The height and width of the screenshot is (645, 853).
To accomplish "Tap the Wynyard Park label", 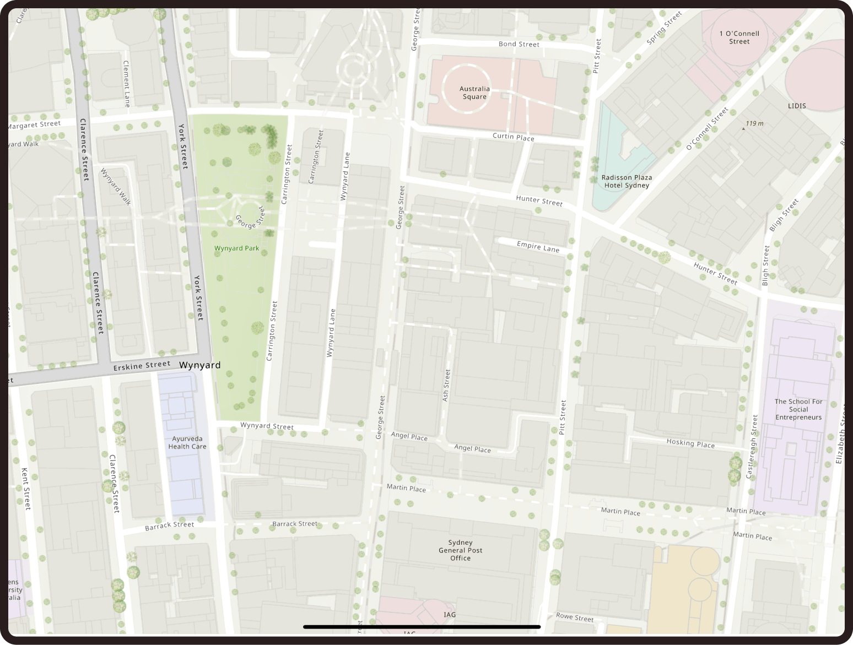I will pyautogui.click(x=236, y=248).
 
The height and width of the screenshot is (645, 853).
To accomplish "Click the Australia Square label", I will pyautogui.click(x=474, y=93).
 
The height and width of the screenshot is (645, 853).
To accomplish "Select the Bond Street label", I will pyautogui.click(x=519, y=44).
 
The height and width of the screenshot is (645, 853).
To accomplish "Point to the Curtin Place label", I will pyautogui.click(x=513, y=137).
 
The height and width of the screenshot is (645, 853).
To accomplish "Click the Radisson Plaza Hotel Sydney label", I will pyautogui.click(x=627, y=181).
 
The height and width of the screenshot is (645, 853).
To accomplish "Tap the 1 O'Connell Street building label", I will pyautogui.click(x=739, y=37).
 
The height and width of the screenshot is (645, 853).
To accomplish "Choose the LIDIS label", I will pyautogui.click(x=797, y=106).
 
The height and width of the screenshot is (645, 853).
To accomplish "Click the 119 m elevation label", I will pyautogui.click(x=754, y=123).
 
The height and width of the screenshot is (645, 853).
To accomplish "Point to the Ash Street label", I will pyautogui.click(x=446, y=385).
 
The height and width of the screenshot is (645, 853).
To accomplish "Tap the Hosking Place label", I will pyautogui.click(x=690, y=443).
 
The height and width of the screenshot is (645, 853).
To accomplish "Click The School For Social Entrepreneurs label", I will pyautogui.click(x=798, y=409).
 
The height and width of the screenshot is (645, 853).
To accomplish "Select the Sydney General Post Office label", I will pyautogui.click(x=460, y=550).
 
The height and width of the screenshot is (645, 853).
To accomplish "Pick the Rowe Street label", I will pyautogui.click(x=575, y=617).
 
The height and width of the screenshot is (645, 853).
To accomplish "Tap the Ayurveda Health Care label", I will pyautogui.click(x=187, y=443).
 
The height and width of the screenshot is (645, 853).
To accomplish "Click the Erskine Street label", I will pyautogui.click(x=142, y=365).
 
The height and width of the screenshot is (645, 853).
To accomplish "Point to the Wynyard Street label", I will pyautogui.click(x=267, y=426).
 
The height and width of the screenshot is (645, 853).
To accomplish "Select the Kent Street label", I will pyautogui.click(x=25, y=488).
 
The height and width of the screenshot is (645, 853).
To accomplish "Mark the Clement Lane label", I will pyautogui.click(x=126, y=84).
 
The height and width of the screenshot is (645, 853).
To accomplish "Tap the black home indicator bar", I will pyautogui.click(x=422, y=627).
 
